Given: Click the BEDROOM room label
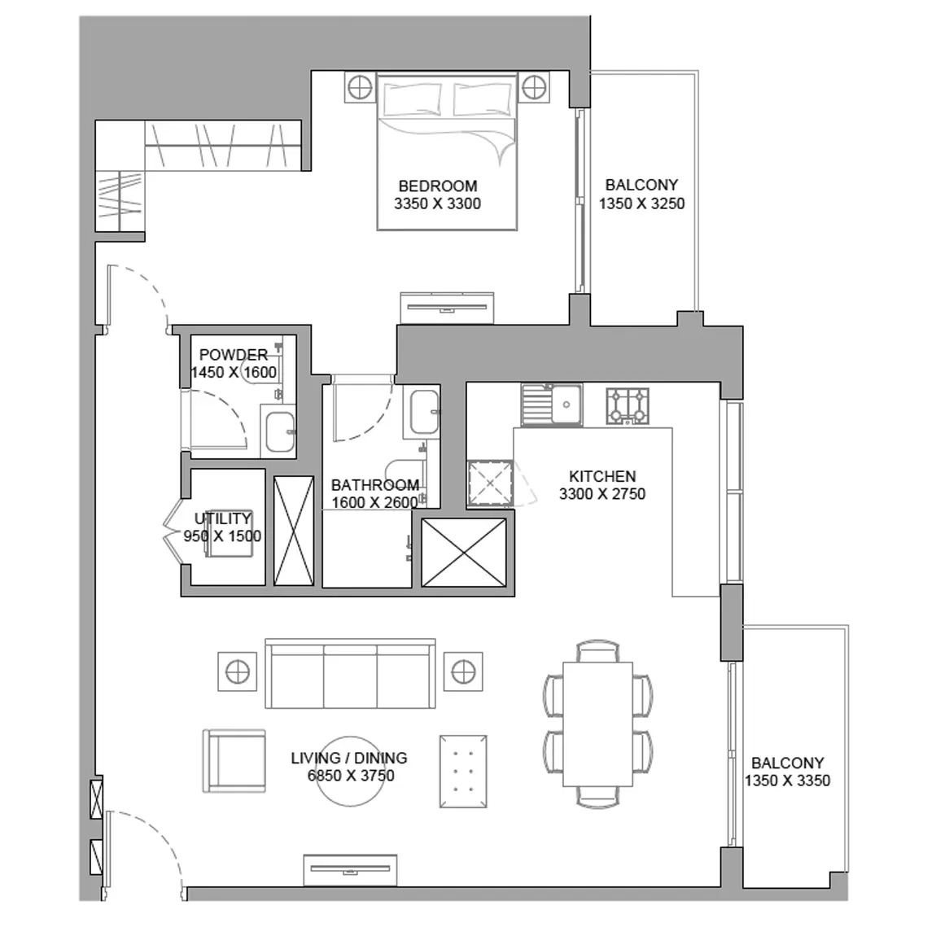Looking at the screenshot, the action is pos(438,186).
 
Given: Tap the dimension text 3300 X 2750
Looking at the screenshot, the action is pos(601,494).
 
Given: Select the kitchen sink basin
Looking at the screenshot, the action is pos(566,405).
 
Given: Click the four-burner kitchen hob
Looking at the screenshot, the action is pos(628,406).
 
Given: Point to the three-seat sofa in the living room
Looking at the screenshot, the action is pos(351,673).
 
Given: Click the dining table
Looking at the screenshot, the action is pos(598,724).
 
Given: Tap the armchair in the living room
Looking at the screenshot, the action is pos(234,760).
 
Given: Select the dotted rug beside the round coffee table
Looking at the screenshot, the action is pos(463,772).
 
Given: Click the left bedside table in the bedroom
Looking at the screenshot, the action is pos(360,88).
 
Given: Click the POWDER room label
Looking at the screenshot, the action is pos(234,355).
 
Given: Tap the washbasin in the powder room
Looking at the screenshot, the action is pos(279,431).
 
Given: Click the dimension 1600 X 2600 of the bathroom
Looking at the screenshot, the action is pos(375,503).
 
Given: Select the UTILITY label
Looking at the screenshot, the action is pos(223,518).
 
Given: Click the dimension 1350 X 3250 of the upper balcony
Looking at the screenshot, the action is pos(641,203).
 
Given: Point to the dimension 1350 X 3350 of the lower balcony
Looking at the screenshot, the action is pos(787,781).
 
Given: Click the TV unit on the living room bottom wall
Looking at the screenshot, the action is pos(351,870).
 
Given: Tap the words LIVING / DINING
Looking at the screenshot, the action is pos(349,758).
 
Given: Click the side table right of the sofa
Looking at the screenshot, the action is pos(463,672).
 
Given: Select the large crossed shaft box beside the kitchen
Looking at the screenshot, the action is pos(464,553).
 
